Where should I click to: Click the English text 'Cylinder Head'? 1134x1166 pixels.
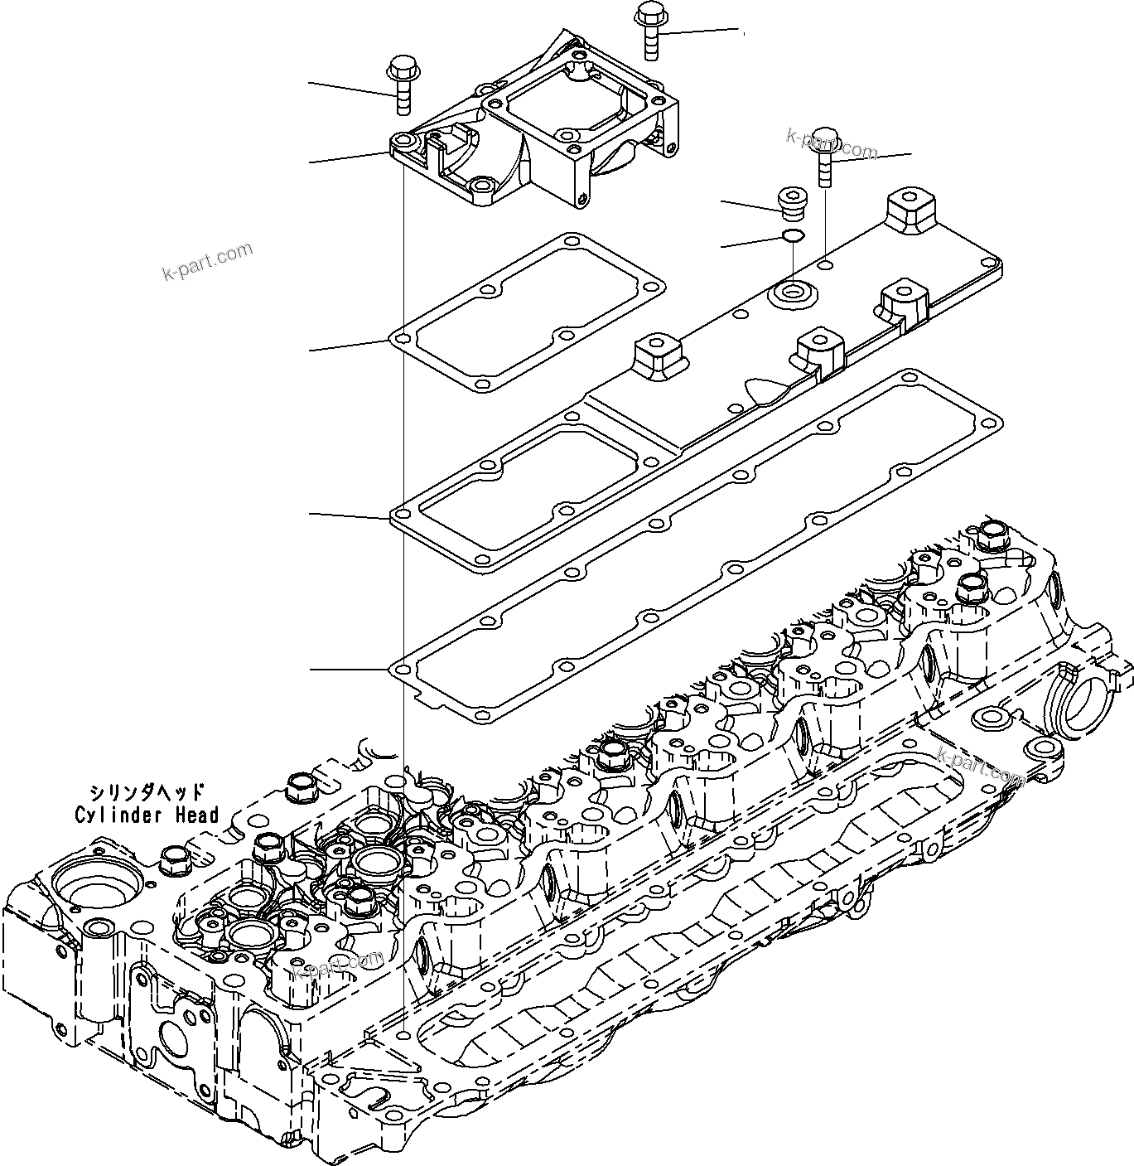coord(147,815)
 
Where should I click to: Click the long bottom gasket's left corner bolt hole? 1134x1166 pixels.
coord(403,668)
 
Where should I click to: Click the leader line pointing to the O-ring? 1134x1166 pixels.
coord(750,243)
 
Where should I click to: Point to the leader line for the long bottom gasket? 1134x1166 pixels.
coord(348,668)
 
